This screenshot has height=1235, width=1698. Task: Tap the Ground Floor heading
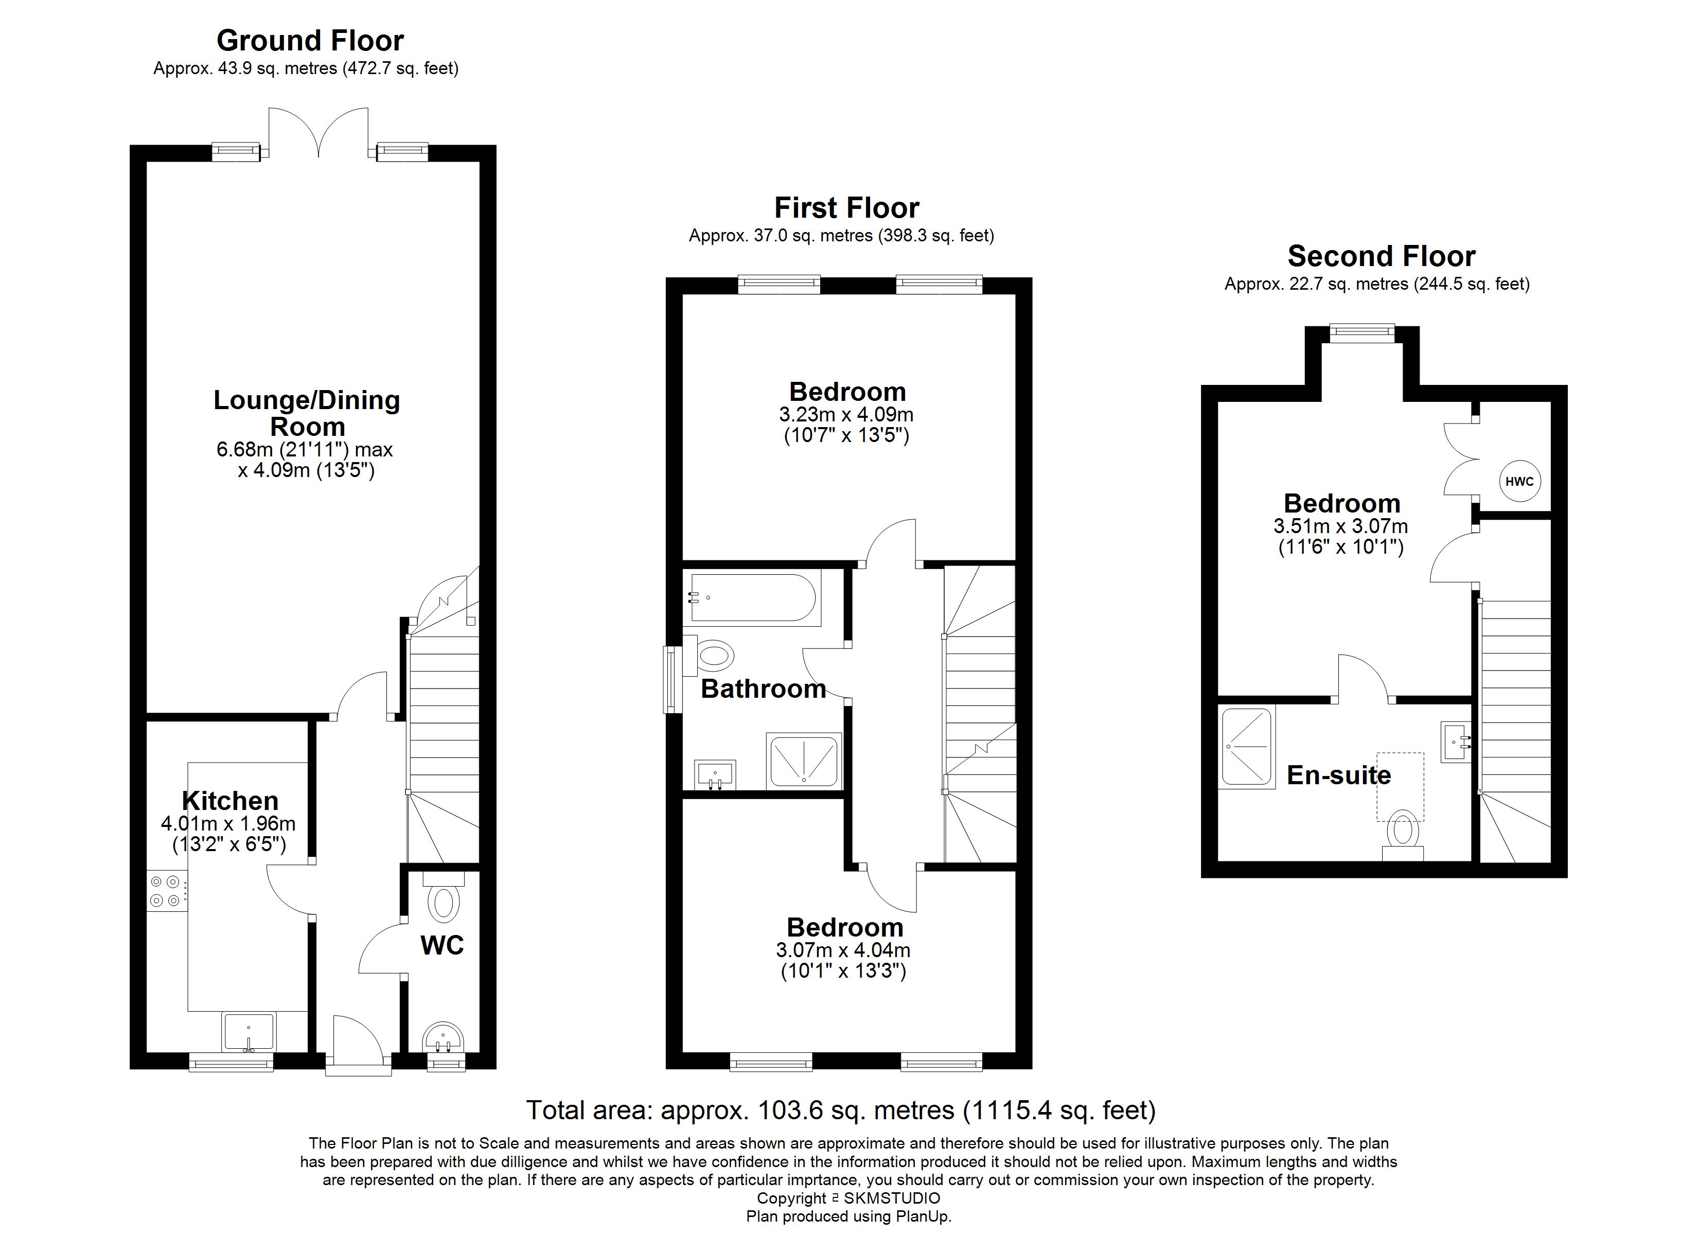tap(310, 41)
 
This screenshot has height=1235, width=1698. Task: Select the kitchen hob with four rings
tap(166, 891)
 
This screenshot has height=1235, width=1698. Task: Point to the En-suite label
tap(1339, 775)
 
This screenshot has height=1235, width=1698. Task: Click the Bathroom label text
tap(763, 689)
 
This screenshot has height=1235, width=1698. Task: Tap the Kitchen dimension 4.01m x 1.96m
tap(228, 824)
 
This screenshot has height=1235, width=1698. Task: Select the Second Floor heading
tap(1382, 256)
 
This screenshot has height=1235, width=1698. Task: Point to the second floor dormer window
tap(1362, 330)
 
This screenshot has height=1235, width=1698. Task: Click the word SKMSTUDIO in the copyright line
tap(892, 1198)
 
